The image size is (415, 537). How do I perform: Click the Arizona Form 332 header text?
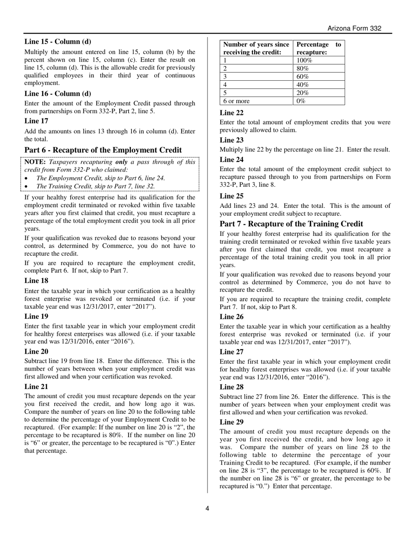pyautogui.click(x=354, y=28)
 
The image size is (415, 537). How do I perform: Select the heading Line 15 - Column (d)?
pyautogui.click(x=58, y=42)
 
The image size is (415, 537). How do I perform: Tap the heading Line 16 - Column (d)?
pyautogui.click(x=58, y=93)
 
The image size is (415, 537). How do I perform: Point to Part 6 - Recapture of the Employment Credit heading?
pyautogui.click(x=103, y=150)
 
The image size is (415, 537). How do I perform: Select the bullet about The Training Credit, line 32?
pyautogui.click(x=95, y=186)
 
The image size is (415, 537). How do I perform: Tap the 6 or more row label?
pyautogui.click(x=236, y=101)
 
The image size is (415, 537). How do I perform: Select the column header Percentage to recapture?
pyautogui.click(x=318, y=48)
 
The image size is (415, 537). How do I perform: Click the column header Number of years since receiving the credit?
pyautogui.click(x=256, y=48)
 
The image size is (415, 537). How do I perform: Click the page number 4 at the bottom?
pyautogui.click(x=207, y=508)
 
